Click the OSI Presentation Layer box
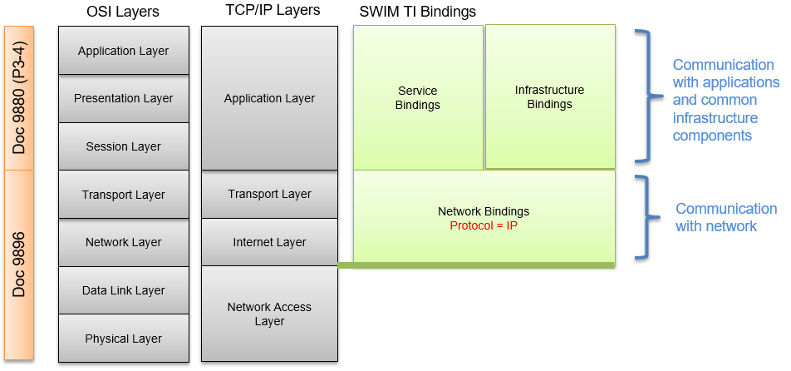pyautogui.click(x=124, y=98)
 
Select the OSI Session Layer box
pyautogui.click(x=124, y=146)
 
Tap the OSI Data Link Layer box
pyautogui.click(x=124, y=290)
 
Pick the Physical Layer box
pyautogui.click(x=124, y=339)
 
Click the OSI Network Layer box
pyautogui.click(x=124, y=242)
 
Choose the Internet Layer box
pyautogui.click(x=269, y=242)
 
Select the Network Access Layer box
pyautogui.click(x=269, y=314)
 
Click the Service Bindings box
pyautogui.click(x=419, y=97)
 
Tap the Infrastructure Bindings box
pyautogui.click(x=550, y=96)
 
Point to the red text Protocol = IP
pyautogui.click(x=484, y=225)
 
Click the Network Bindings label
pyautogui.click(x=484, y=211)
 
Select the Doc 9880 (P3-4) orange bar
pyautogui.click(x=19, y=98)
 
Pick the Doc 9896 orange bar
pyautogui.click(x=19, y=265)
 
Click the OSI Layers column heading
pyautogui.click(x=123, y=12)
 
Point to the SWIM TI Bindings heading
pyautogui.click(x=418, y=12)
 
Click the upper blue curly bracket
pyautogui.click(x=645, y=96)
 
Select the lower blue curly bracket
pyautogui.click(x=646, y=216)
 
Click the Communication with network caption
pyautogui.click(x=725, y=217)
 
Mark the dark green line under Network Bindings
pyautogui.click(x=476, y=265)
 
